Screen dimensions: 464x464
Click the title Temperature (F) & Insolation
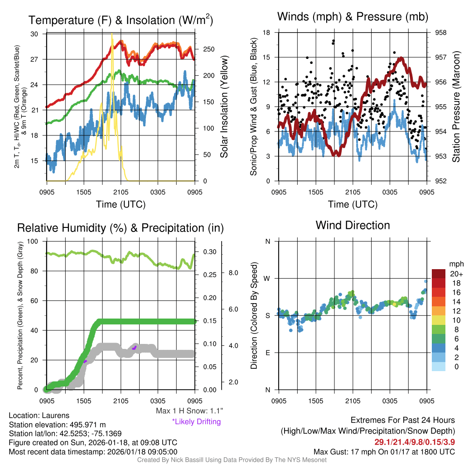click(x=121, y=20)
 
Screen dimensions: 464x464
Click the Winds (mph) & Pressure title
click(x=353, y=17)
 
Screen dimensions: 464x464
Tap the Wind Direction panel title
click(x=353, y=225)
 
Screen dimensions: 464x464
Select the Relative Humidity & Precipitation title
click(x=121, y=228)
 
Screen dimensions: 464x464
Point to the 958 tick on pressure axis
click(x=440, y=33)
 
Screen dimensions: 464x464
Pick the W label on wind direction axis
click(x=267, y=278)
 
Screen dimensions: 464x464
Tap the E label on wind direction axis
click(x=268, y=353)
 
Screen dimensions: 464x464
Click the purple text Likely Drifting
click(x=196, y=422)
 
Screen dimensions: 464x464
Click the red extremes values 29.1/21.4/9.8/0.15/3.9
click(x=414, y=442)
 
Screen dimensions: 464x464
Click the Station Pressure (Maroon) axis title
click(x=456, y=106)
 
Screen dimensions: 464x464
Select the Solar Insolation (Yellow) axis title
click(x=224, y=106)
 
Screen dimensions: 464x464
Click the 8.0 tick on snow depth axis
click(x=233, y=273)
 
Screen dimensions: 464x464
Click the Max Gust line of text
click(x=384, y=452)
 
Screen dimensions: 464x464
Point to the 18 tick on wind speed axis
click(x=267, y=33)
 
